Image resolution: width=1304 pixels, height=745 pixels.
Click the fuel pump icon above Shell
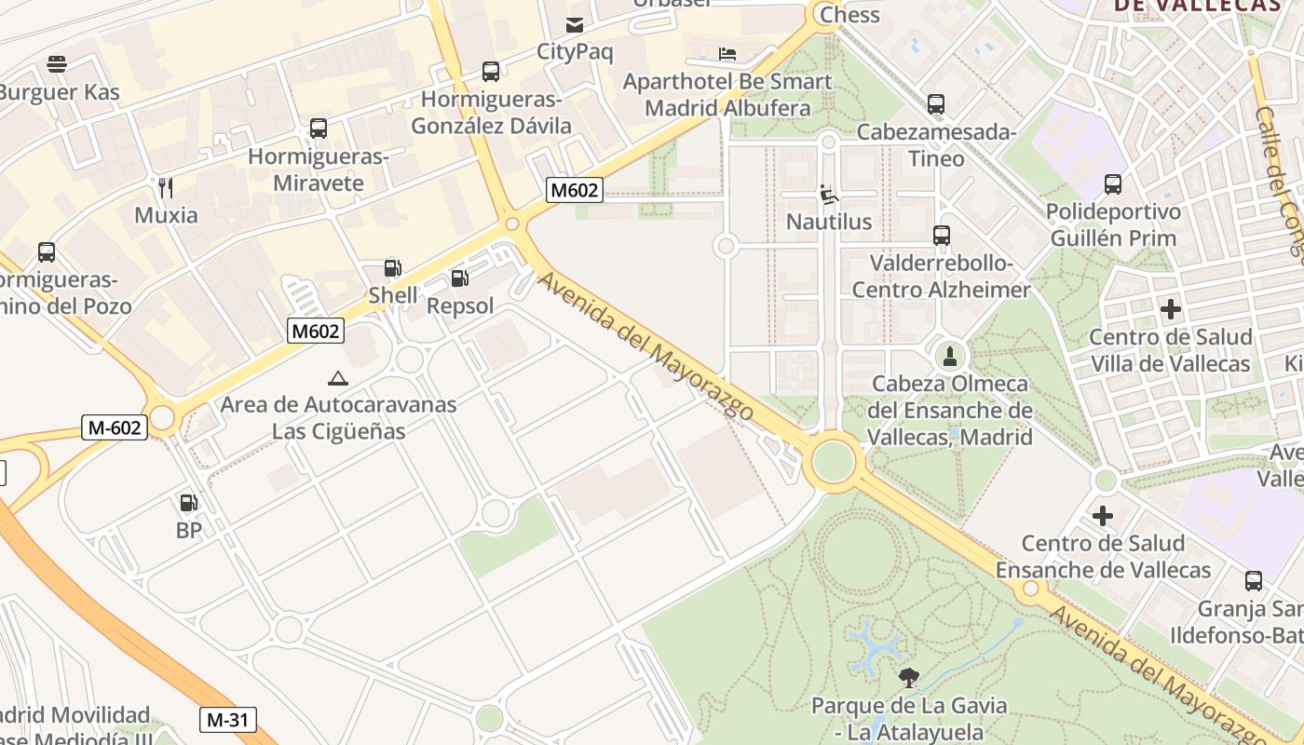click(393, 269)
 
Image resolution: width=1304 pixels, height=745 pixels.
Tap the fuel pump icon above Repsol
click(459, 278)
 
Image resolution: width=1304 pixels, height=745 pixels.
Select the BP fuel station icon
click(188, 504)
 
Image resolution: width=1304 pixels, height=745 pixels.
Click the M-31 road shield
click(227, 720)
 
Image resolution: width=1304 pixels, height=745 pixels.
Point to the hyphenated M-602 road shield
click(115, 427)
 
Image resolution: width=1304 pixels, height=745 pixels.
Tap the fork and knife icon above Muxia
click(166, 188)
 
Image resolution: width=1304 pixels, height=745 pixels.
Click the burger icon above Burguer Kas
click(57, 64)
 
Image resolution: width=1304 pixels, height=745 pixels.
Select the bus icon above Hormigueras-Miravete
click(319, 129)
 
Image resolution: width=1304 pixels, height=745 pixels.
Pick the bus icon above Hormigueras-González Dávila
click(490, 71)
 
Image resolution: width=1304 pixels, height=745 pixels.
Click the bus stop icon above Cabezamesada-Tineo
click(936, 104)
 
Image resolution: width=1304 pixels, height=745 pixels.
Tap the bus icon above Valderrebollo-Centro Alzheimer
click(942, 236)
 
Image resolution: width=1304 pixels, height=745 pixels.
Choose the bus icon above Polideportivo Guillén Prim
click(1113, 184)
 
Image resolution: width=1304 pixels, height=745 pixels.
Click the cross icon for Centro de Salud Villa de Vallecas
click(1170, 309)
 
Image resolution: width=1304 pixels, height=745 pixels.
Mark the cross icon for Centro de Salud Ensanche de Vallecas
click(1103, 515)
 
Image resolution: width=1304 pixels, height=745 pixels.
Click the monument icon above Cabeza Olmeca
click(950, 355)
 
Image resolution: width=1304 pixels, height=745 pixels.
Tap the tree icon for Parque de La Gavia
click(909, 677)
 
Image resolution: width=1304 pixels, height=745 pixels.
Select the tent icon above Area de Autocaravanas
click(337, 378)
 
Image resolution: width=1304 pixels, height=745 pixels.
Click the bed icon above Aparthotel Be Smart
click(727, 54)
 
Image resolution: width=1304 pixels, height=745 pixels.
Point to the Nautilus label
click(829, 222)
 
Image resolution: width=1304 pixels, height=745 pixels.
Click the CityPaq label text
click(575, 51)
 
